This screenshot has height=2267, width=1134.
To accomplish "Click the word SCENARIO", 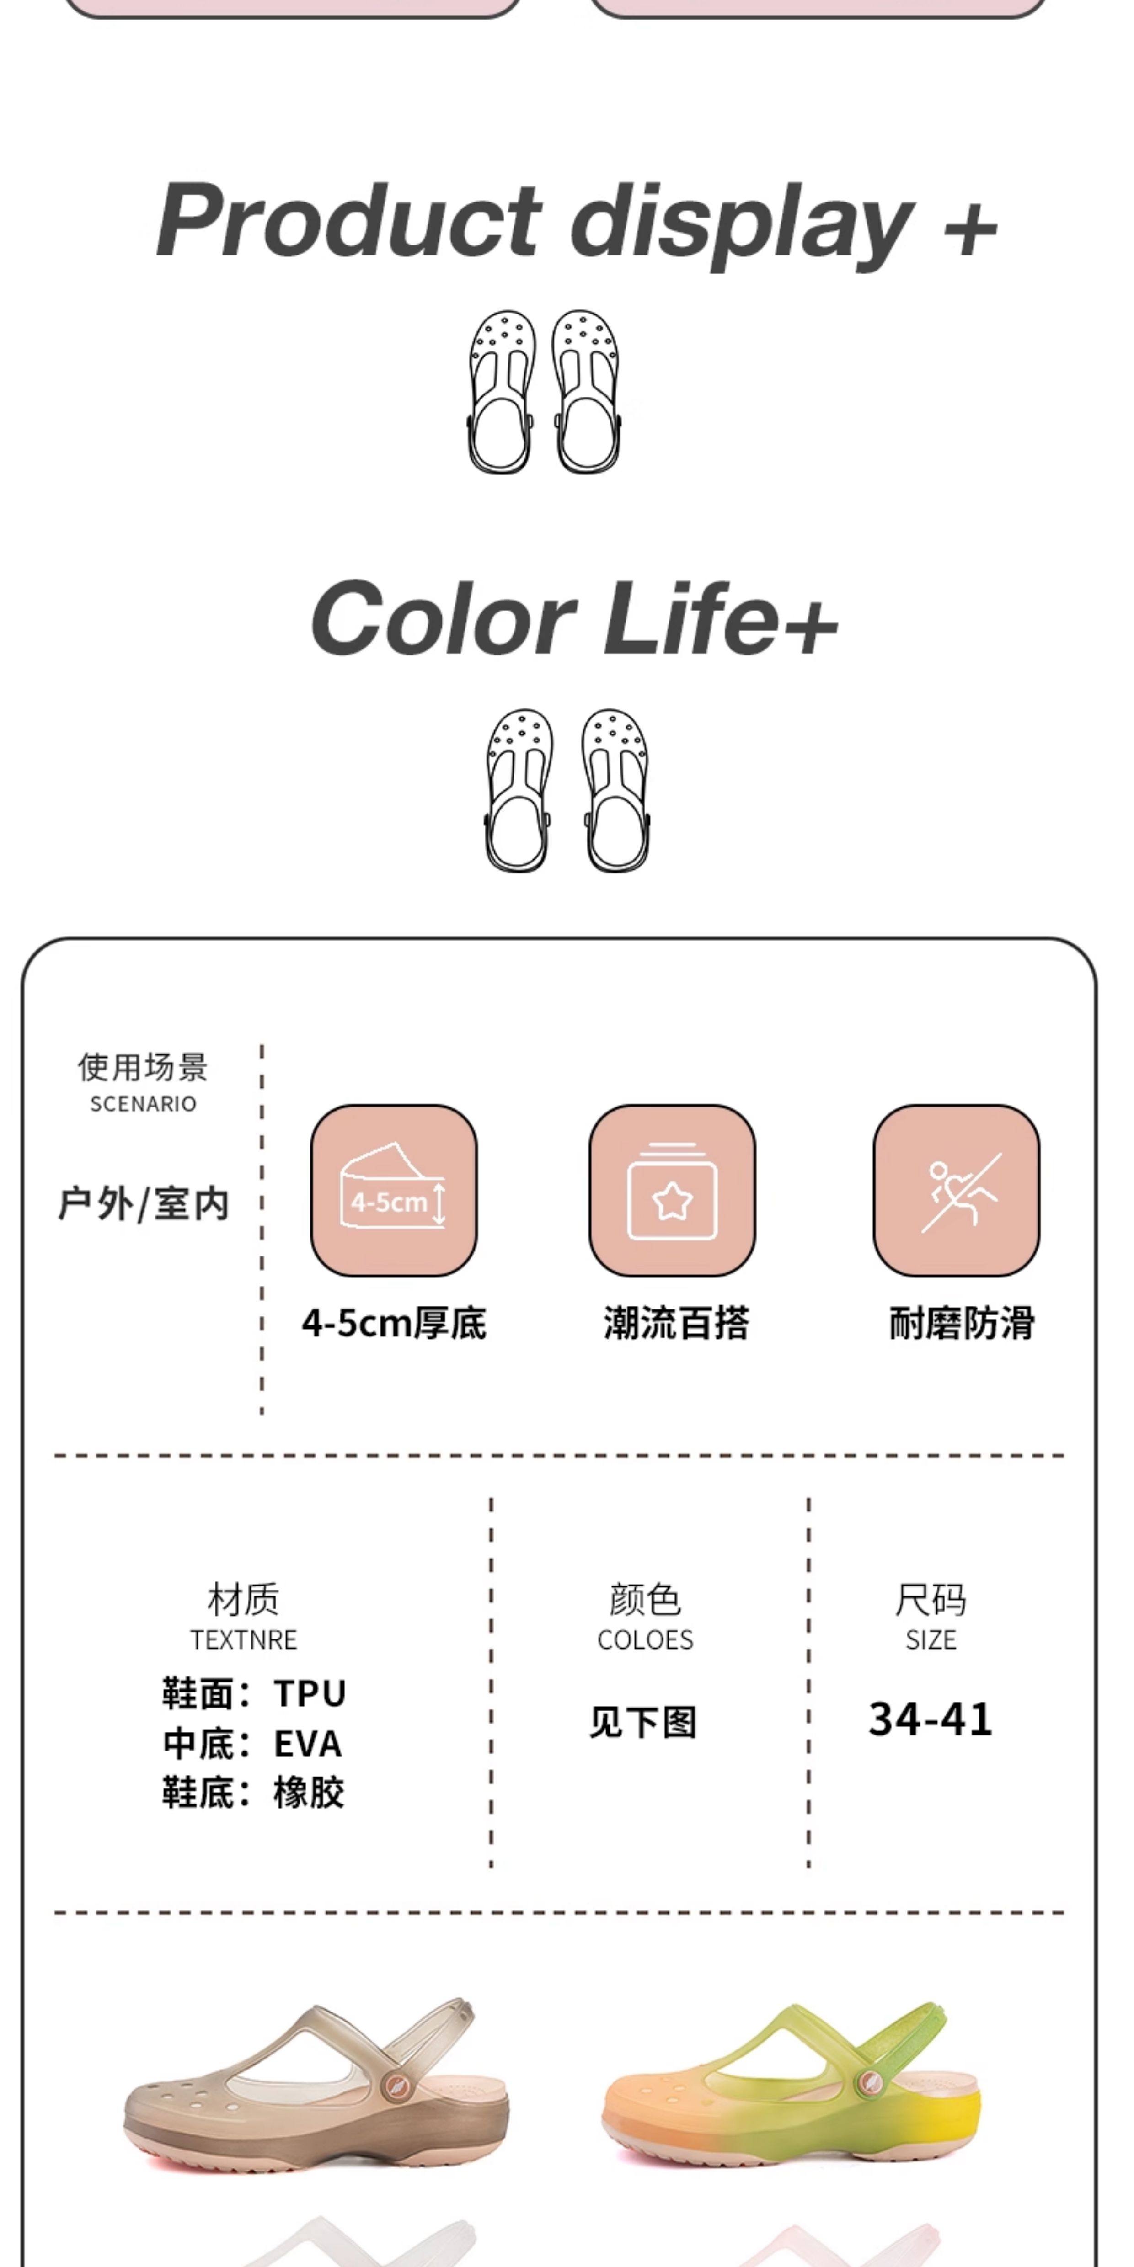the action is point(144,1104).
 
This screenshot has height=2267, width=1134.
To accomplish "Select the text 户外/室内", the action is point(144,1203).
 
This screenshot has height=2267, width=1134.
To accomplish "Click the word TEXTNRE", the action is point(244,1639).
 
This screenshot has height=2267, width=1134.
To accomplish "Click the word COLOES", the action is point(645,1639).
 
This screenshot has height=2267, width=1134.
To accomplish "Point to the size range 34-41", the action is point(931,1719).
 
